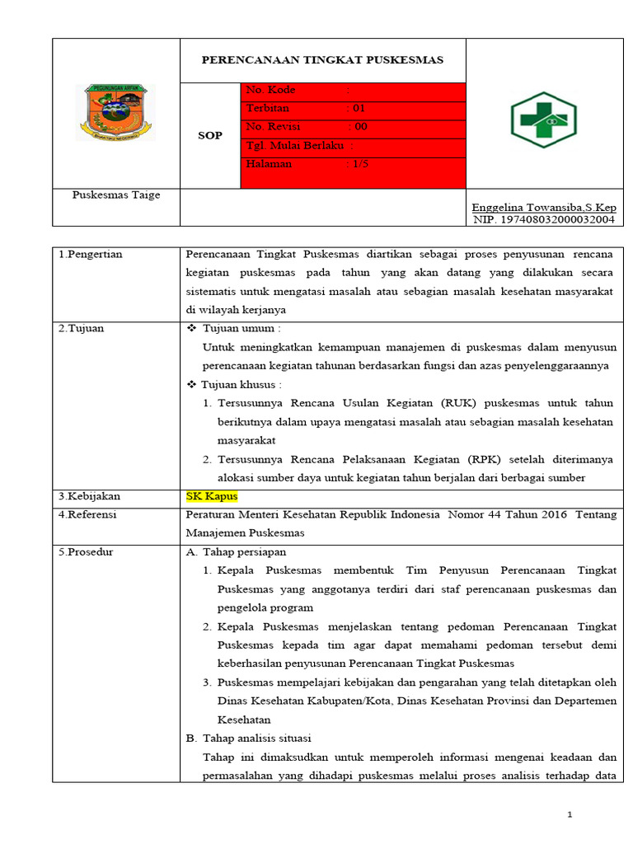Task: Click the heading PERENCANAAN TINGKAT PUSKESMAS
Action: pyautogui.click(x=323, y=60)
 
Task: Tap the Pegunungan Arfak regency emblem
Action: pyautogui.click(x=116, y=112)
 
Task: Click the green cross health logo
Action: pyautogui.click(x=542, y=119)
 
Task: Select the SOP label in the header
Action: pyautogui.click(x=210, y=135)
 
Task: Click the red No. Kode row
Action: pyautogui.click(x=353, y=91)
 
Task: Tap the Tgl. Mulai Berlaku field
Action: pyautogui.click(x=300, y=146)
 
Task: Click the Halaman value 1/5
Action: pyautogui.click(x=360, y=164)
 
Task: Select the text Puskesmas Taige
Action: pyautogui.click(x=116, y=195)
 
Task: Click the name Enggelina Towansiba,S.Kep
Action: pyautogui.click(x=543, y=207)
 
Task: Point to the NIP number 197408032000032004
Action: pyautogui.click(x=544, y=219)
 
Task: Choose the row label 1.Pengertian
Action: pyautogui.click(x=91, y=254)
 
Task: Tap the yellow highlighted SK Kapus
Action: pyautogui.click(x=212, y=496)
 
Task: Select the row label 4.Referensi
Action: pyautogui.click(x=87, y=515)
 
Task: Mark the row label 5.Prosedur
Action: pyautogui.click(x=87, y=552)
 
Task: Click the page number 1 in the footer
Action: pyautogui.click(x=569, y=815)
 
